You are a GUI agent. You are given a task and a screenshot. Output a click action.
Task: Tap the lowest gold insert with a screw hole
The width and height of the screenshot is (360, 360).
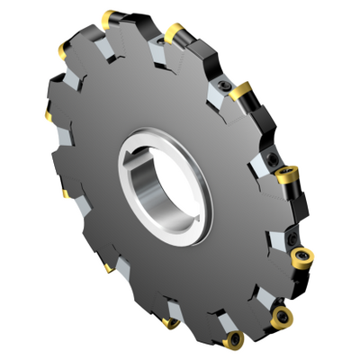[x=235, y=340]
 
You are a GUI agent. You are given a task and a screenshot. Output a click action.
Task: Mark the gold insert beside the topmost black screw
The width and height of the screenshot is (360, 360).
[x=239, y=90]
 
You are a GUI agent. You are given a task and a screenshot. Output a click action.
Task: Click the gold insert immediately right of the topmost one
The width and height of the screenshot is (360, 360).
[x=174, y=33]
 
